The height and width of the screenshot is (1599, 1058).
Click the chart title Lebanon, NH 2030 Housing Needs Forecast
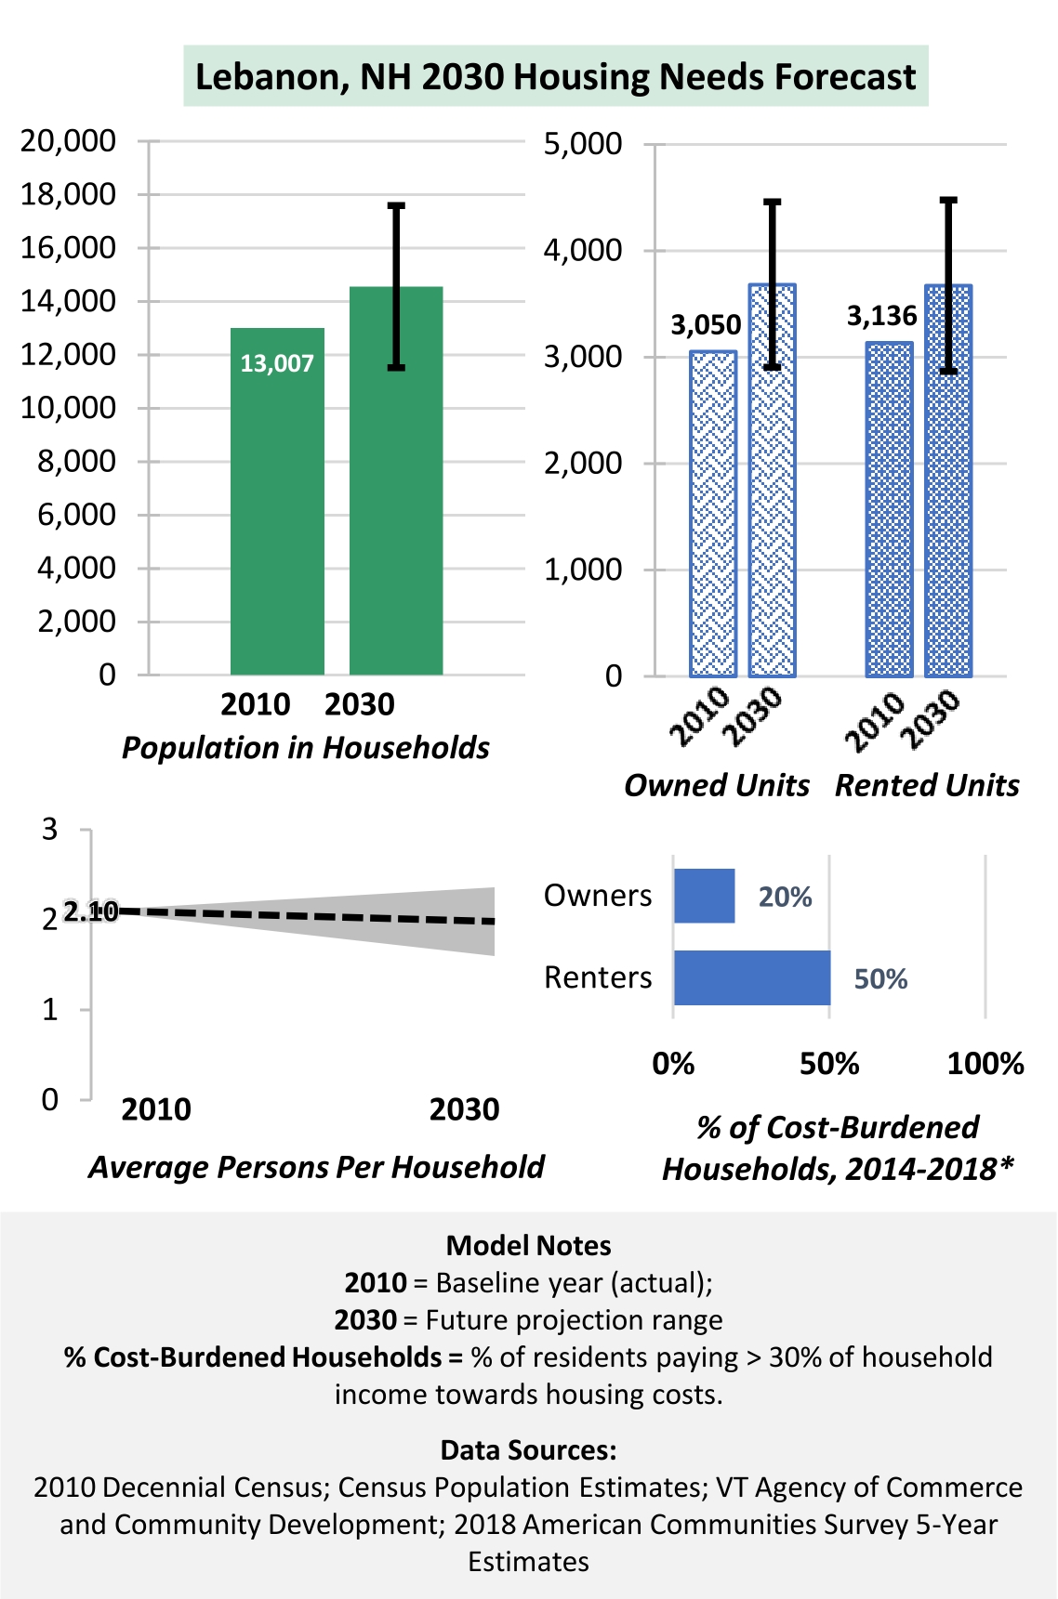click(x=555, y=76)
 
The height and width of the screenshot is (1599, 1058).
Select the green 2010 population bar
click(x=277, y=501)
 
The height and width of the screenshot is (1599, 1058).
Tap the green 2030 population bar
click(x=396, y=480)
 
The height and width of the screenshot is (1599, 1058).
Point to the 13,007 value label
click(x=277, y=363)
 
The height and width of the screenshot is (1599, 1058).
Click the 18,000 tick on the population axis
click(x=68, y=194)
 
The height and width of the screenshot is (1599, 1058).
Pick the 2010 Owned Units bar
click(x=713, y=514)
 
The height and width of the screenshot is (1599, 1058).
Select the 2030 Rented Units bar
click(x=948, y=480)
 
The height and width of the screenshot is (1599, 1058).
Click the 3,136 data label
click(x=881, y=317)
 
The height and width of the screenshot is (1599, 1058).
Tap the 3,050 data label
click(x=707, y=325)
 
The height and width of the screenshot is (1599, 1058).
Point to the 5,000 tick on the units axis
click(x=583, y=144)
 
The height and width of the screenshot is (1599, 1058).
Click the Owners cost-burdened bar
click(x=704, y=896)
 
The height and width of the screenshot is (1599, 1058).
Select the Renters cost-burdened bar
click(x=752, y=977)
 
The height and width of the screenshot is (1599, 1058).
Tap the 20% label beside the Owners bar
click(x=786, y=897)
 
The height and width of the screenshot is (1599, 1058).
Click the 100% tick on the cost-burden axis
click(x=985, y=1064)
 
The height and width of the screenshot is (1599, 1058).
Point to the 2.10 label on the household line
click(x=91, y=911)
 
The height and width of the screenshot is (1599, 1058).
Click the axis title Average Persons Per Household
click(x=317, y=1167)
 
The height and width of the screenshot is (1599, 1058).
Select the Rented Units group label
click(x=927, y=785)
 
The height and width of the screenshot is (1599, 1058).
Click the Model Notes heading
click(x=529, y=1245)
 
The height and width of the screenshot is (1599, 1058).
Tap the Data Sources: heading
click(x=529, y=1449)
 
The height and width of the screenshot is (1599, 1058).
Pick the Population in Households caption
click(x=306, y=748)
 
